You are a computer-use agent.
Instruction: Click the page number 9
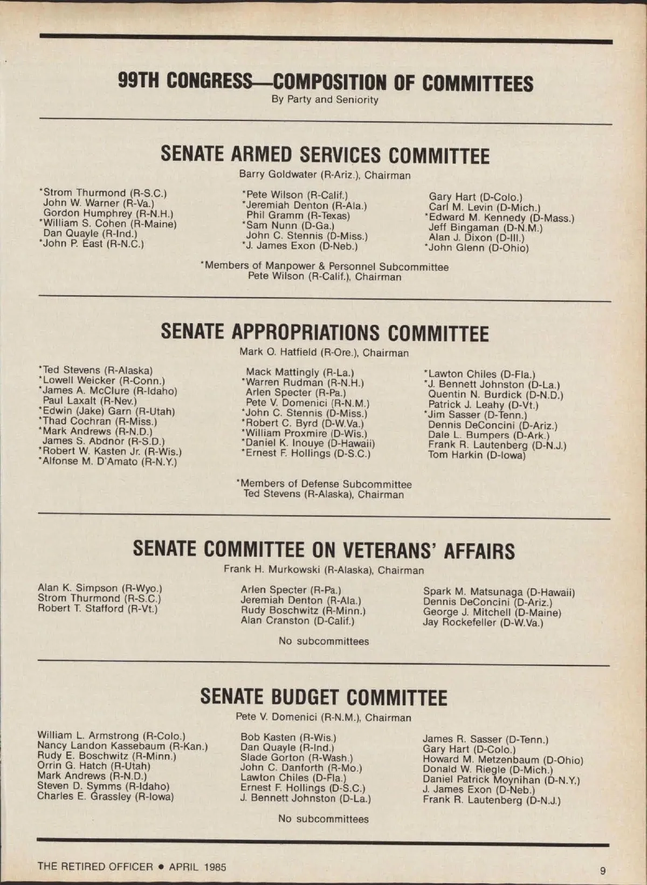(602, 870)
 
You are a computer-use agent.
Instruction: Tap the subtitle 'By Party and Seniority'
(325, 100)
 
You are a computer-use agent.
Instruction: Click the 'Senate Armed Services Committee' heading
(325, 155)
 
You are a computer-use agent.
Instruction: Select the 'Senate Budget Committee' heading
(323, 697)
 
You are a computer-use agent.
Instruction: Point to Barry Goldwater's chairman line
(325, 175)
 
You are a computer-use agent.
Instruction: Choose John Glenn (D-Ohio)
(478, 248)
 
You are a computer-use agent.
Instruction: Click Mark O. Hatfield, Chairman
(324, 353)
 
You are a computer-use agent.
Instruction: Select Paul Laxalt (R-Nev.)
(90, 401)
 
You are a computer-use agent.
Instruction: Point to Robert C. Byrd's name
(304, 423)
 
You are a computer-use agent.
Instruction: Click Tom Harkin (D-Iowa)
(477, 455)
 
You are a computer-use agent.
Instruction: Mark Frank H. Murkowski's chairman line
(323, 570)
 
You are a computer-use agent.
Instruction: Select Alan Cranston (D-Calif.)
(298, 621)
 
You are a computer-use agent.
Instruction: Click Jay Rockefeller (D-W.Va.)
(483, 622)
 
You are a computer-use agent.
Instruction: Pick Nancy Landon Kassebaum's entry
(122, 746)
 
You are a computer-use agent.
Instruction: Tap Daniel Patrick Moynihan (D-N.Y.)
(501, 780)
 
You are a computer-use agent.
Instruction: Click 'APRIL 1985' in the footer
(197, 867)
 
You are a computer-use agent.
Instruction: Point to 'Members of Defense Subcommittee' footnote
(325, 484)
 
